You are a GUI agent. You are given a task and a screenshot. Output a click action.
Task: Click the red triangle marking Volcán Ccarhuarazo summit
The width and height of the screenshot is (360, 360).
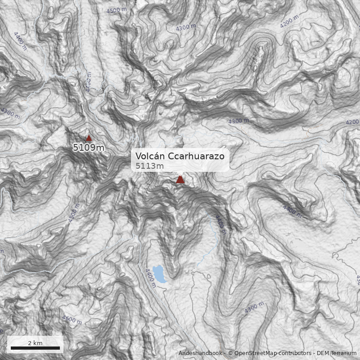coord(180,180)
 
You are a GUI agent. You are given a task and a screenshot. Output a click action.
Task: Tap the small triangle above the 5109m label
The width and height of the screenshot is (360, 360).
coord(89,139)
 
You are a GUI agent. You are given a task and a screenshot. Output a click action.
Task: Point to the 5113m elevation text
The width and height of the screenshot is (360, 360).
coord(149,166)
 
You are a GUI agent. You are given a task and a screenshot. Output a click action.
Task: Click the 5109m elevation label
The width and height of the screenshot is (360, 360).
coord(89,147)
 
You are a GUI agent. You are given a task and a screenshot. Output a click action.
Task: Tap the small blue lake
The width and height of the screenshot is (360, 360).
coord(159,274)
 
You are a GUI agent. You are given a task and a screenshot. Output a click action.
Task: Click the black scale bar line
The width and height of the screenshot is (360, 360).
coord(35,348)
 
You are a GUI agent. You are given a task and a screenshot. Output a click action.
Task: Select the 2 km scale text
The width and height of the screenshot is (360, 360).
coord(35,343)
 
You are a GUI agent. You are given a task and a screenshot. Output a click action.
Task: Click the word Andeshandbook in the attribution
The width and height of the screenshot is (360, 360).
coord(201,353)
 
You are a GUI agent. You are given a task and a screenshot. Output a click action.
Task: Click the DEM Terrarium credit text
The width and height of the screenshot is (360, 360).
coord(337,353)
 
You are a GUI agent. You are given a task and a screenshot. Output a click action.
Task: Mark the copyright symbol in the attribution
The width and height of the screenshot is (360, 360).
coord(230,353)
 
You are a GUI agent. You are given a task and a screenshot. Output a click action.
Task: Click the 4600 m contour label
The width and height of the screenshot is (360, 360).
coord(72,320)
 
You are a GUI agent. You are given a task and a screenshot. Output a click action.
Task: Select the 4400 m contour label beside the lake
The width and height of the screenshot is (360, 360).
coord(150,275)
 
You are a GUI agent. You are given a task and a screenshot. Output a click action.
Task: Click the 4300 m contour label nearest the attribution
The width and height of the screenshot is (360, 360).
coord(254,308)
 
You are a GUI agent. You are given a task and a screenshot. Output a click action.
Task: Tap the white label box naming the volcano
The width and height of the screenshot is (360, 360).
coord(180,161)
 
